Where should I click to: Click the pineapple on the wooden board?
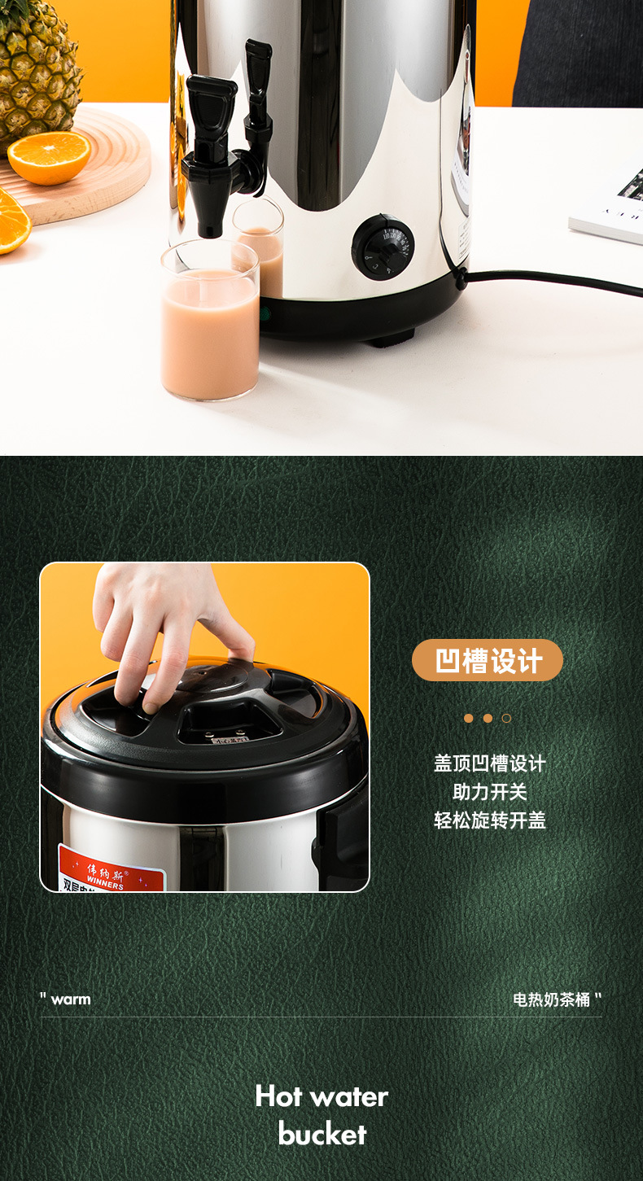(x=37, y=65)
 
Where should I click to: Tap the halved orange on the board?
(x=49, y=157)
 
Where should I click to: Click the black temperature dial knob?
(x=383, y=247)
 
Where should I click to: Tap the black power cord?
(x=553, y=282)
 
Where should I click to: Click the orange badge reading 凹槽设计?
(x=487, y=660)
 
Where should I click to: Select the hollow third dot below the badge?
(x=506, y=718)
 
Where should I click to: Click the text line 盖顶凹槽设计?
(x=489, y=763)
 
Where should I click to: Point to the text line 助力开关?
(x=489, y=792)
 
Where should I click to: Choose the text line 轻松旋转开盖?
(x=489, y=820)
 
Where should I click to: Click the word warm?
(x=71, y=999)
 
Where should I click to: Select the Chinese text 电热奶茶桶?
(x=551, y=999)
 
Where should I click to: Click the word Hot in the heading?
(x=278, y=1096)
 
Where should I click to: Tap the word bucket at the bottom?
(x=322, y=1134)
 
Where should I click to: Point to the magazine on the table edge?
(x=610, y=203)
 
